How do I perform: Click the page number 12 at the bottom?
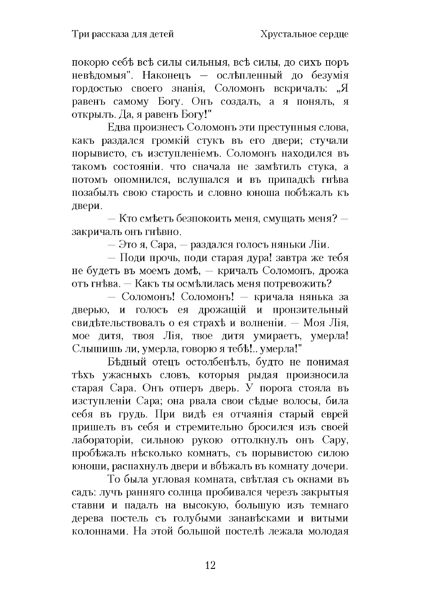coord(210,565)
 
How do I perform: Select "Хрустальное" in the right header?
coord(286,34)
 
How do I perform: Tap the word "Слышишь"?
coord(92,349)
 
